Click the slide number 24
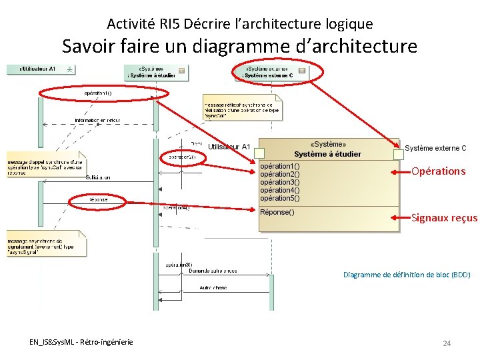[447, 343]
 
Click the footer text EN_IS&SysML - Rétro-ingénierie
[81, 342]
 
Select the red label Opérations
[438, 171]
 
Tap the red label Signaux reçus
[444, 217]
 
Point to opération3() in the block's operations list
[279, 182]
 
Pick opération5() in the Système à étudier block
[279, 198]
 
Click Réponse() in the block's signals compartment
[277, 213]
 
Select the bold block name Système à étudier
[328, 154]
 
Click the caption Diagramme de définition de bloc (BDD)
[406, 275]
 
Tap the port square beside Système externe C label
[399, 154]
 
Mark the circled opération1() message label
[97, 93]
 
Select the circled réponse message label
[99, 200]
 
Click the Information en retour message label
[97, 121]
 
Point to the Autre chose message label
[213, 288]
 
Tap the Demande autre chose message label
[213, 271]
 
